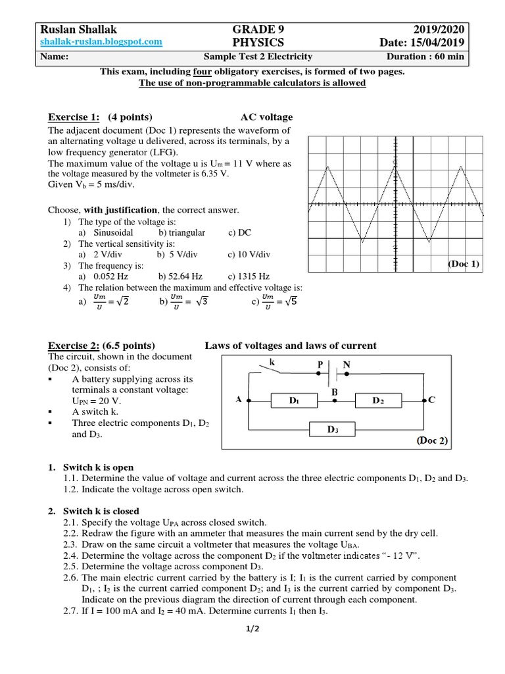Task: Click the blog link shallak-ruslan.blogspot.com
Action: coord(101,41)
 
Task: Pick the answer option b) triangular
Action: coord(181,232)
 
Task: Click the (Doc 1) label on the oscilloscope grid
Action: coord(464,263)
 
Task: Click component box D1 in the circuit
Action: coord(294,400)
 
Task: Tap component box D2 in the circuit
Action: coord(378,400)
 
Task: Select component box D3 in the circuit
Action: coord(333,429)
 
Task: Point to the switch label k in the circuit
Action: coord(271,362)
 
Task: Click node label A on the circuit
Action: coord(238,400)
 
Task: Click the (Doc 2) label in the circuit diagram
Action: coord(431,440)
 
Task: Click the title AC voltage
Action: coord(268,117)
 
